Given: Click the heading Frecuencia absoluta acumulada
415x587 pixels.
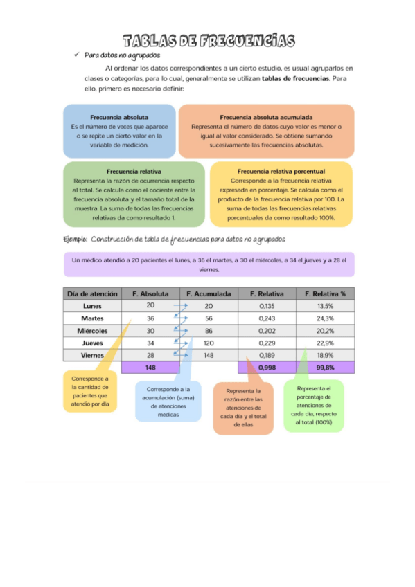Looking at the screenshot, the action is tap(266, 118).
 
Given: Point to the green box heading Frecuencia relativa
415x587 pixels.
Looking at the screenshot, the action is tap(134, 171).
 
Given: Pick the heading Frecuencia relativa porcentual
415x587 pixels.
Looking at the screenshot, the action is tap(281, 171).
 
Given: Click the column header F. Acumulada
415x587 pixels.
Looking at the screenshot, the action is tap(209, 293).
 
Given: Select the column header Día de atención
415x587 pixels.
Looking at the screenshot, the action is tap(92, 293).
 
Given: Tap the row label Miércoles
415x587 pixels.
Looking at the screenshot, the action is tap(92, 331).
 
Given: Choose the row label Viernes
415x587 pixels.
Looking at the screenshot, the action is tap(92, 355).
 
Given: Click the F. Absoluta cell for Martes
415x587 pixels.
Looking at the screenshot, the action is tap(150, 318).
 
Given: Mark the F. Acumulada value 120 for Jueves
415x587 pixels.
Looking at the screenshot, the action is tap(209, 343).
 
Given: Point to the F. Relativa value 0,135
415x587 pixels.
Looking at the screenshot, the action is tap(267, 306).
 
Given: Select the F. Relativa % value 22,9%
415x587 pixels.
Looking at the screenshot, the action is tap(325, 343).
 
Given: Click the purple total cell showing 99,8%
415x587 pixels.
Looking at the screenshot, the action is tap(325, 368).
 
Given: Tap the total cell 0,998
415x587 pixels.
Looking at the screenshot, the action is tap(267, 368).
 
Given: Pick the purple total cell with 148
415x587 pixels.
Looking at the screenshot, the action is tap(150, 368).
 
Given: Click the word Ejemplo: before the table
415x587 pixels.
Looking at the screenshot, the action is tap(75, 239).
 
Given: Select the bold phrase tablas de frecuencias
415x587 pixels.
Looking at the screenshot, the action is tap(294, 78).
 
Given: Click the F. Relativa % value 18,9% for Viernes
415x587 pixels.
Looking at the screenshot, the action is tap(325, 355).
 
